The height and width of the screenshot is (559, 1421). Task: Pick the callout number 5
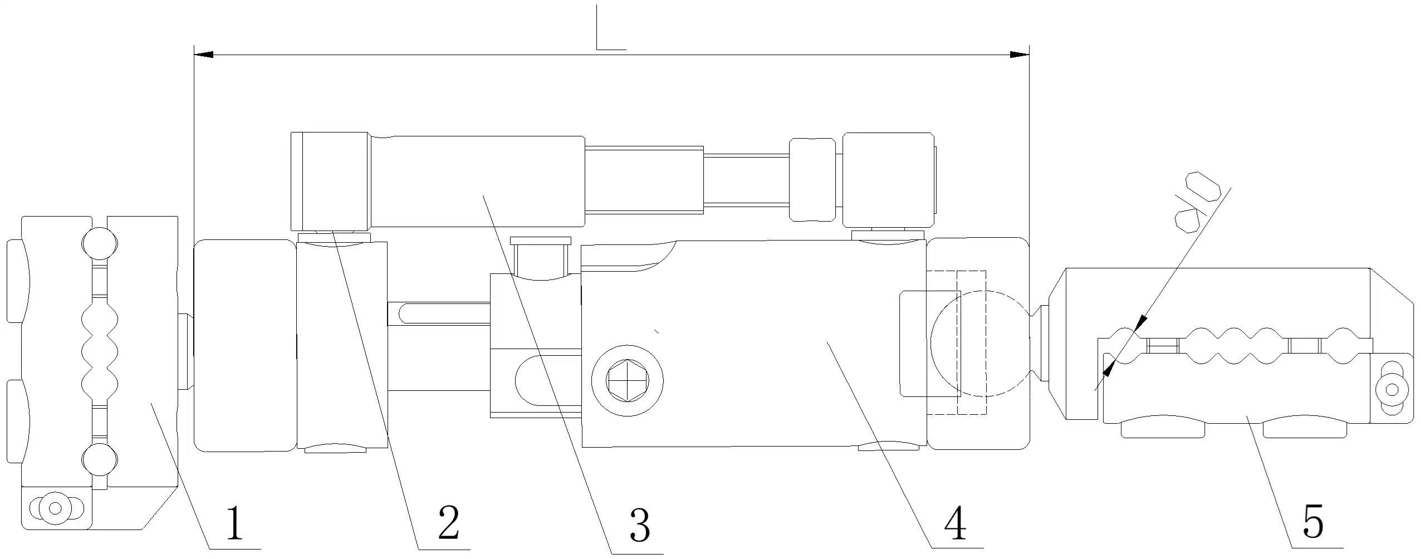[1313, 521]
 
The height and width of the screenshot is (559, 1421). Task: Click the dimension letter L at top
[610, 27]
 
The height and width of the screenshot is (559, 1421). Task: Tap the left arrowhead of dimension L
[203, 55]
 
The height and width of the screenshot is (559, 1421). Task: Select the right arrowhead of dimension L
[1019, 55]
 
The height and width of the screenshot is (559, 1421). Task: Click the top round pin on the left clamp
[100, 243]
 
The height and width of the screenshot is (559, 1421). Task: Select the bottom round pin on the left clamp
[100, 459]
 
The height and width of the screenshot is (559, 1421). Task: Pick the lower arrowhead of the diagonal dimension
[1110, 367]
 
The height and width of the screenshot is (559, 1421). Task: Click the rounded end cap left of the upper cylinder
[329, 182]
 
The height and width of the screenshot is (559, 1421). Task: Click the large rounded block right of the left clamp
[245, 345]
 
